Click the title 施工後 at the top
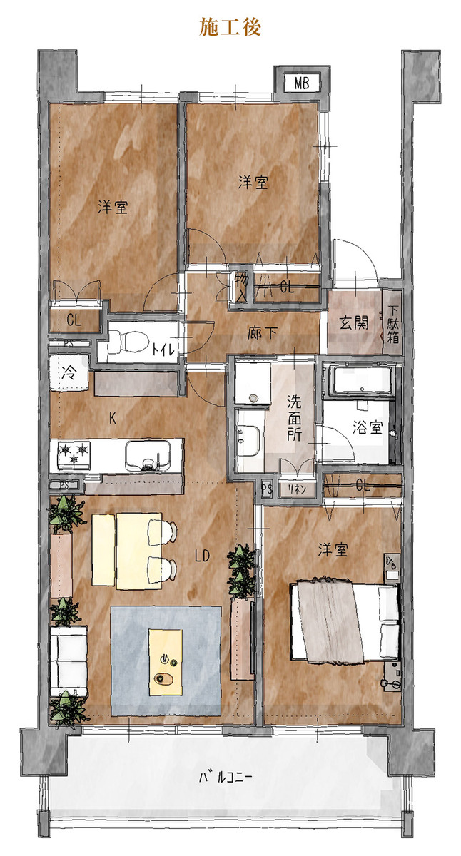click(230, 27)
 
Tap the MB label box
click(302, 83)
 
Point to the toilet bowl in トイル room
click(128, 341)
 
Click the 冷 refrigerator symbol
click(69, 373)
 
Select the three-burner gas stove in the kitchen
click(74, 455)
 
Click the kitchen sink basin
click(148, 456)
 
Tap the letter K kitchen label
click(112, 419)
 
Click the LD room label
click(202, 556)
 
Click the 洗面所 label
click(294, 418)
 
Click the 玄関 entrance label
click(355, 323)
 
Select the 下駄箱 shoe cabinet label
click(393, 325)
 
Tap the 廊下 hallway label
click(262, 333)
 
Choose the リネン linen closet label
click(297, 489)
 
